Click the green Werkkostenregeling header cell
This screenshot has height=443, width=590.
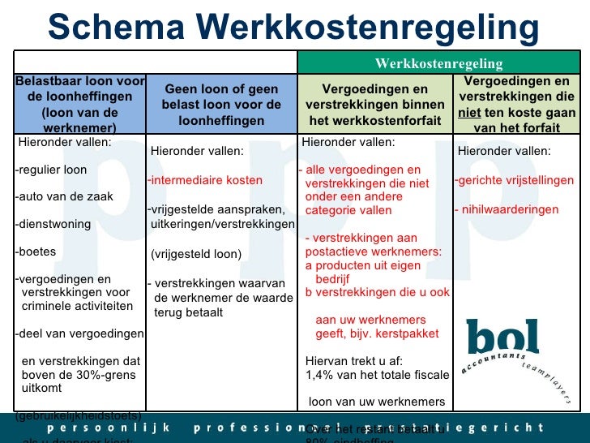(438, 63)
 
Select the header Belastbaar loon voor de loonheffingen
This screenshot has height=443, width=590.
(79, 104)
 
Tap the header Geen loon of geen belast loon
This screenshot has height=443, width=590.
(221, 105)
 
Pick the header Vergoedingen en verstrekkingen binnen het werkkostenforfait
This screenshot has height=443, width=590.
(375, 105)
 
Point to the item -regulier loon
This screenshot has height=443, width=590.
(51, 170)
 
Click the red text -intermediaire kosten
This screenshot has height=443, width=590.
(205, 179)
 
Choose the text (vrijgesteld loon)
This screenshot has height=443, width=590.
(196, 254)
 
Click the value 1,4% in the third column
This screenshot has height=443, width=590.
(320, 375)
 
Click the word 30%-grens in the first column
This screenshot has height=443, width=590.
(108, 375)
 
